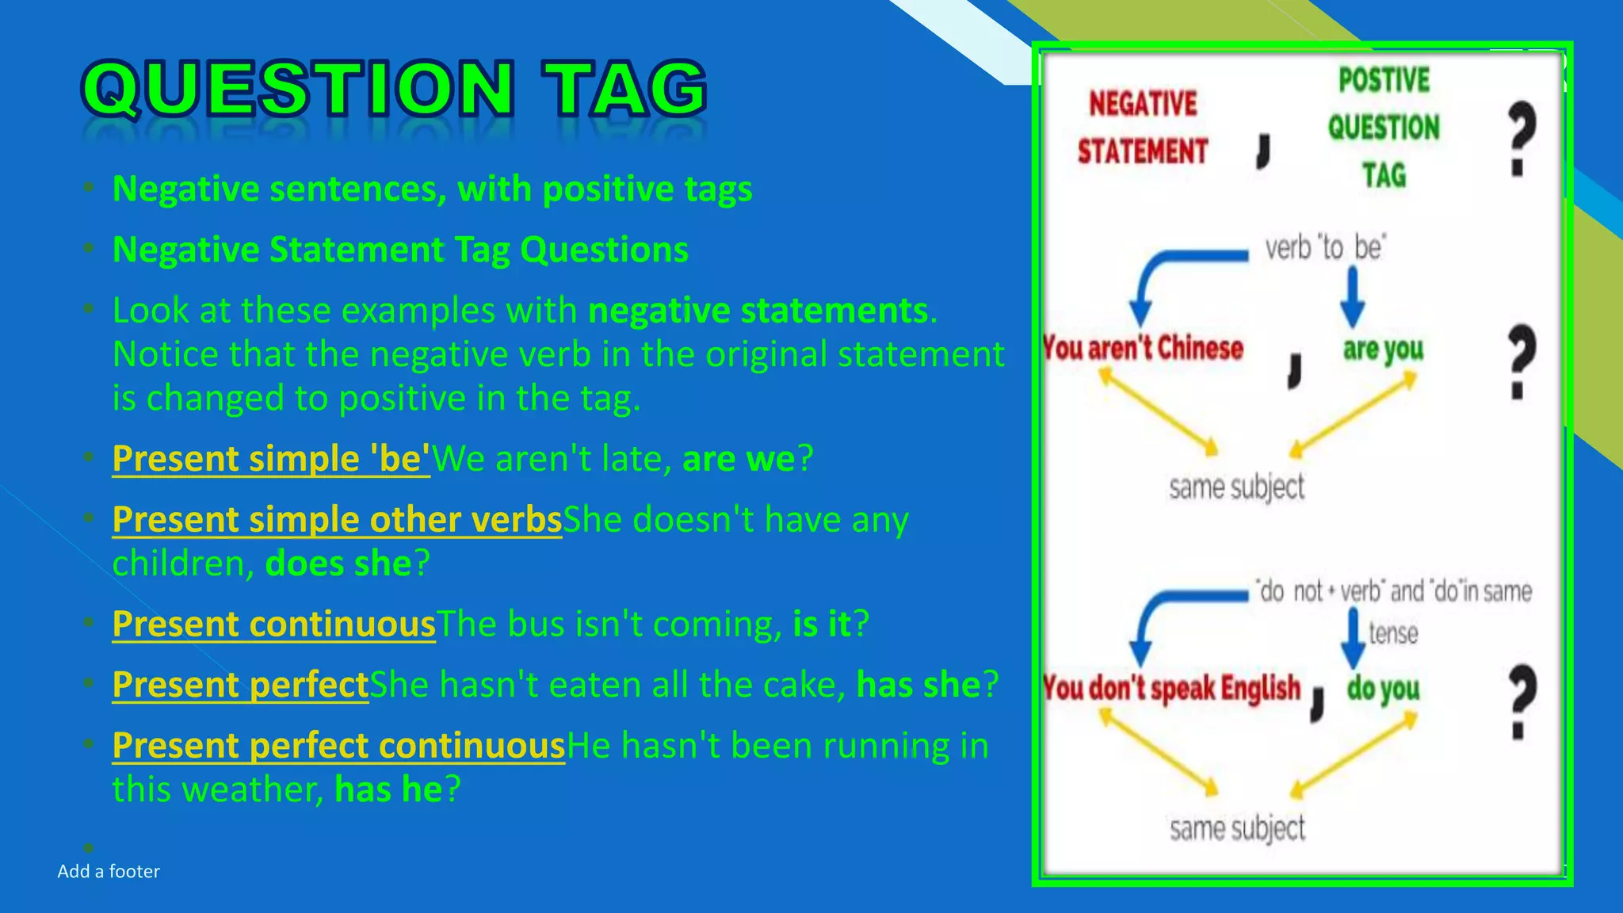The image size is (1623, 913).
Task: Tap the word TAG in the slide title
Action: pyautogui.click(x=624, y=89)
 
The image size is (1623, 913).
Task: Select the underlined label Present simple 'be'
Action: pyautogui.click(x=271, y=459)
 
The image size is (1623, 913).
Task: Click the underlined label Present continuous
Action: pyautogui.click(x=274, y=625)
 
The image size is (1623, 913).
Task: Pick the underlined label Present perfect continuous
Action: pyautogui.click(x=338, y=746)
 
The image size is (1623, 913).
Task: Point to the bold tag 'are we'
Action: pyautogui.click(x=739, y=459)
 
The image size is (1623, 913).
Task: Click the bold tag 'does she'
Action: pyautogui.click(x=338, y=563)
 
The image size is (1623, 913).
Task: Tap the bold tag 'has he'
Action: pyautogui.click(x=388, y=789)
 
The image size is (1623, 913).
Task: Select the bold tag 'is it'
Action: pyautogui.click(x=822, y=625)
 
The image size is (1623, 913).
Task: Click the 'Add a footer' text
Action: pyautogui.click(x=109, y=872)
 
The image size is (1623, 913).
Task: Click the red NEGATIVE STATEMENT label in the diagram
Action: pyautogui.click(x=1142, y=128)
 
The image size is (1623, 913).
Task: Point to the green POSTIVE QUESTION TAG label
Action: pyautogui.click(x=1384, y=128)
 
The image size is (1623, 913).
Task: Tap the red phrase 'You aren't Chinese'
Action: pyautogui.click(x=1144, y=348)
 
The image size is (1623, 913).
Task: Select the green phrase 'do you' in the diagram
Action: pyautogui.click(x=1383, y=689)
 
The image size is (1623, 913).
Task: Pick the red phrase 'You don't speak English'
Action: pyautogui.click(x=1171, y=688)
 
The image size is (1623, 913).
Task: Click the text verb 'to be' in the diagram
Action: pyautogui.click(x=1324, y=248)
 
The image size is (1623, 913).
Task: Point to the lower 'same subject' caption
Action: pyautogui.click(x=1236, y=828)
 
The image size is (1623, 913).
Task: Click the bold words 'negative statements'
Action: pyautogui.click(x=758, y=311)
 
